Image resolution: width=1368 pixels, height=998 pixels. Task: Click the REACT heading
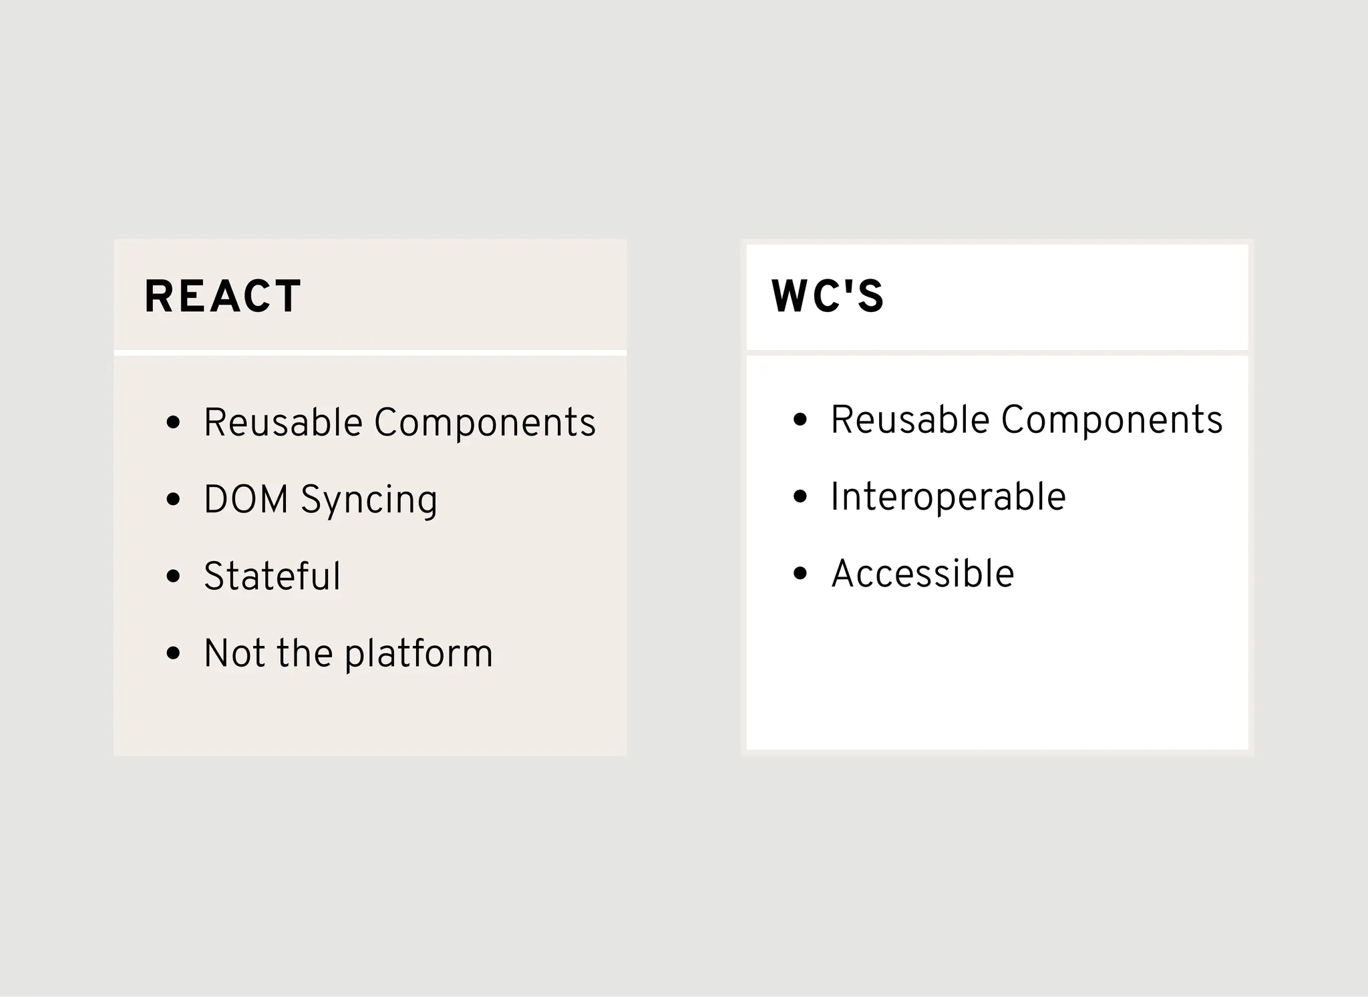(222, 296)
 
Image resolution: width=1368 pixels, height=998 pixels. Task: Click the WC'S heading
(827, 296)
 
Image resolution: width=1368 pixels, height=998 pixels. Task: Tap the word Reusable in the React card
(283, 423)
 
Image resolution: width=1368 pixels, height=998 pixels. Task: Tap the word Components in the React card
(484, 423)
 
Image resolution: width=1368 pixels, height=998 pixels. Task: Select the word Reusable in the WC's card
(909, 420)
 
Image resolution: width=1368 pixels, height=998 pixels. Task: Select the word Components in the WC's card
(1111, 420)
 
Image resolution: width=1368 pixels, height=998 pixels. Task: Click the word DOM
(246, 500)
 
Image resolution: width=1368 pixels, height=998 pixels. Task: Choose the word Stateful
(272, 576)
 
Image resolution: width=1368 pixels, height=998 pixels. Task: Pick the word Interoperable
(948, 497)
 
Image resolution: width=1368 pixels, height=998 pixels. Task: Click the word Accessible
(922, 574)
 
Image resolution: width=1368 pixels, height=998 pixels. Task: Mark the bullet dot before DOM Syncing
(174, 499)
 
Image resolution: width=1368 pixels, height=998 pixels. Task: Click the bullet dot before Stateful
(174, 576)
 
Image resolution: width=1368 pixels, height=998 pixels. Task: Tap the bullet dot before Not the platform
(174, 653)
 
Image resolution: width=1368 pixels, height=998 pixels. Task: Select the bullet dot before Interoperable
(800, 496)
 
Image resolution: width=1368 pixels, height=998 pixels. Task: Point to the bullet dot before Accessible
(800, 573)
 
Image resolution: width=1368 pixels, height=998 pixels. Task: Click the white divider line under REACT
(370, 353)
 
